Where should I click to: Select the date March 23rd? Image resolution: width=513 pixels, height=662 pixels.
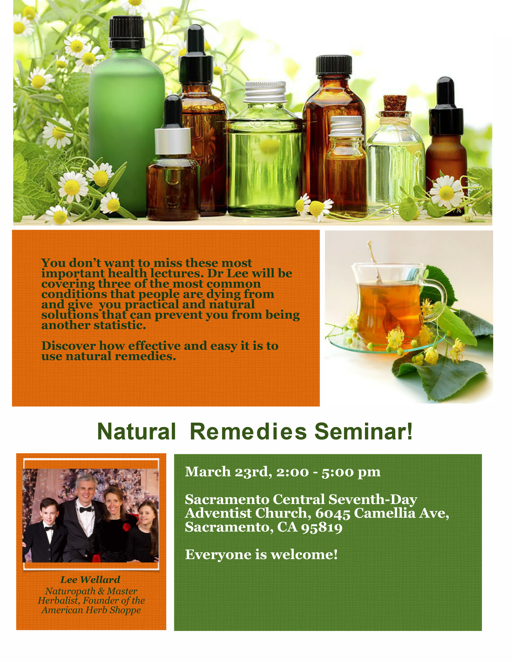coord(229,472)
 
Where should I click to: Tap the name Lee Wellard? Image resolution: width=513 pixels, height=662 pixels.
coord(90,580)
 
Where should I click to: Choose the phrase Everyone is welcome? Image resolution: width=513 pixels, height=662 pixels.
coord(261,555)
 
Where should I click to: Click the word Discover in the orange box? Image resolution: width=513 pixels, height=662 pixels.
coord(69,346)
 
